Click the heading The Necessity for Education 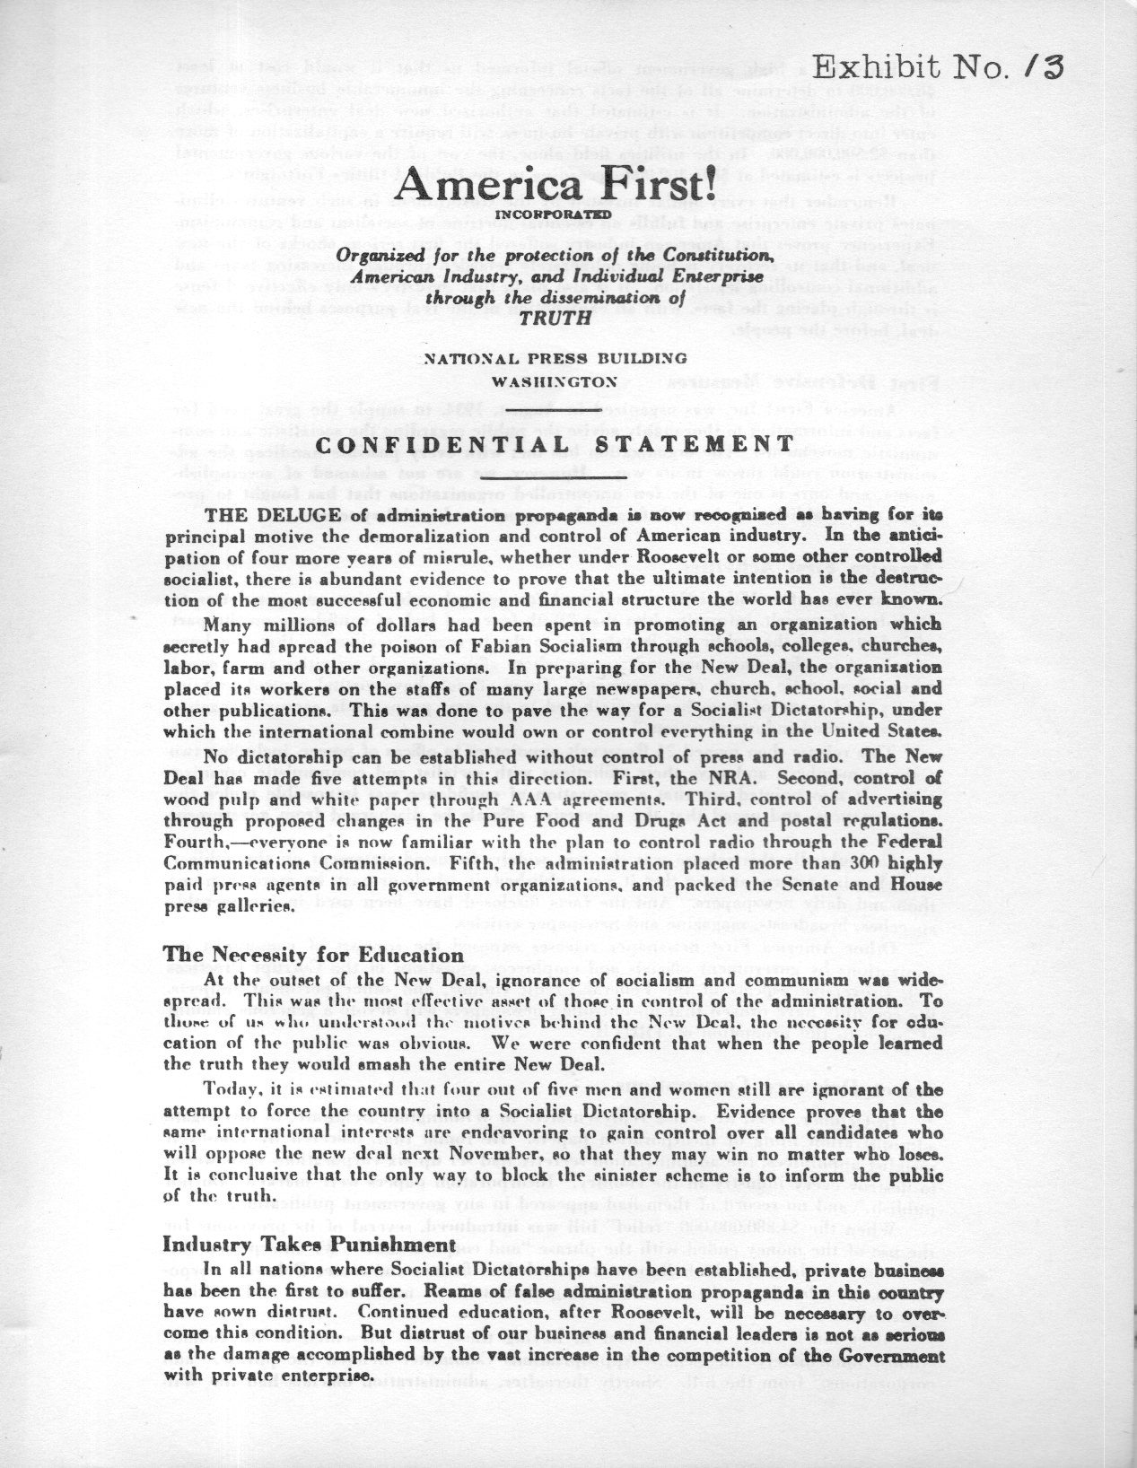[313, 955]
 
